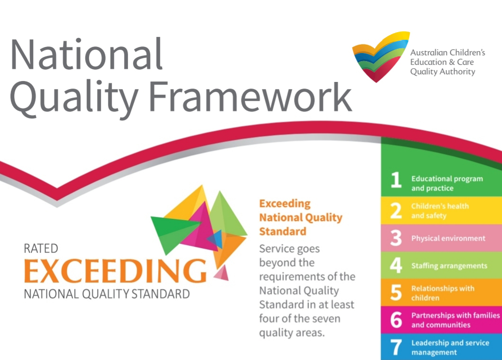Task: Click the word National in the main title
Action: click(x=87, y=54)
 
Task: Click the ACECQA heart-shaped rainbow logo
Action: click(x=381, y=56)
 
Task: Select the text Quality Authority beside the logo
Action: click(x=443, y=72)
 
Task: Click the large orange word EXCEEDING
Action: click(x=115, y=271)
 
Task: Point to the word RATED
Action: click(x=41, y=249)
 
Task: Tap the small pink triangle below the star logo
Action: click(x=222, y=273)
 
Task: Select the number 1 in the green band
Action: click(x=396, y=180)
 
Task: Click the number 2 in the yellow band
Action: click(x=396, y=211)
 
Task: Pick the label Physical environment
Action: click(x=448, y=238)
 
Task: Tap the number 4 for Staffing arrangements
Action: click(x=396, y=265)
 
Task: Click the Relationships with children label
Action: click(x=443, y=293)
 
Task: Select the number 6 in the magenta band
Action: click(x=396, y=320)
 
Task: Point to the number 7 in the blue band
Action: click(x=396, y=348)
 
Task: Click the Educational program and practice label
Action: click(x=447, y=183)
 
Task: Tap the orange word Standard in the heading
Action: click(x=283, y=231)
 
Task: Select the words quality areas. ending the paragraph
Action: click(x=292, y=333)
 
